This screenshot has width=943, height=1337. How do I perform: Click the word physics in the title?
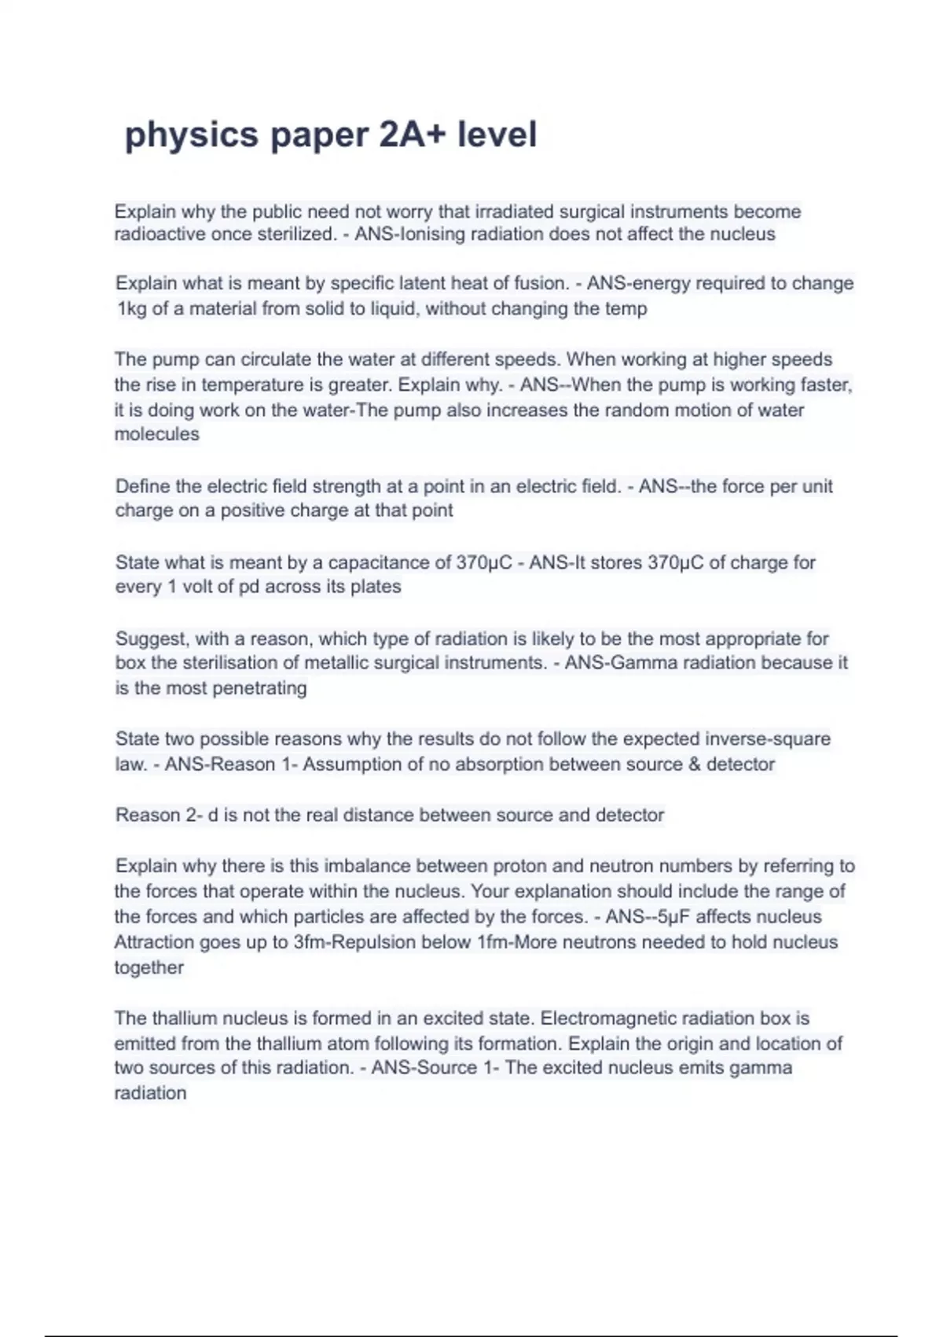point(191,134)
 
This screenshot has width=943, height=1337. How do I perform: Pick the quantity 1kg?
point(132,308)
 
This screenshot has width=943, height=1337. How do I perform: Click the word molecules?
point(156,434)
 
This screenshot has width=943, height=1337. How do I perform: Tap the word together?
point(149,967)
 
